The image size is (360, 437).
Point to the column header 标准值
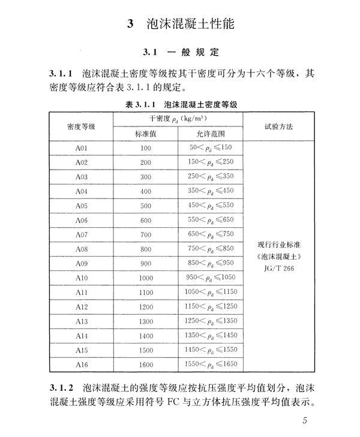146,134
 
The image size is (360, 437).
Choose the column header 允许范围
210,134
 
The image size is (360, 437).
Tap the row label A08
82,249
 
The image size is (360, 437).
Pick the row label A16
82,364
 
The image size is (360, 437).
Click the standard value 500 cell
146,206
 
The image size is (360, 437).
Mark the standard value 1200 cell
146,307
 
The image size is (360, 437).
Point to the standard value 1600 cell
146,364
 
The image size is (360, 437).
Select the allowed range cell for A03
210,177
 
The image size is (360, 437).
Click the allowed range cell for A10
210,278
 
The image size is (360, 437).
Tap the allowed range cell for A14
210,336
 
